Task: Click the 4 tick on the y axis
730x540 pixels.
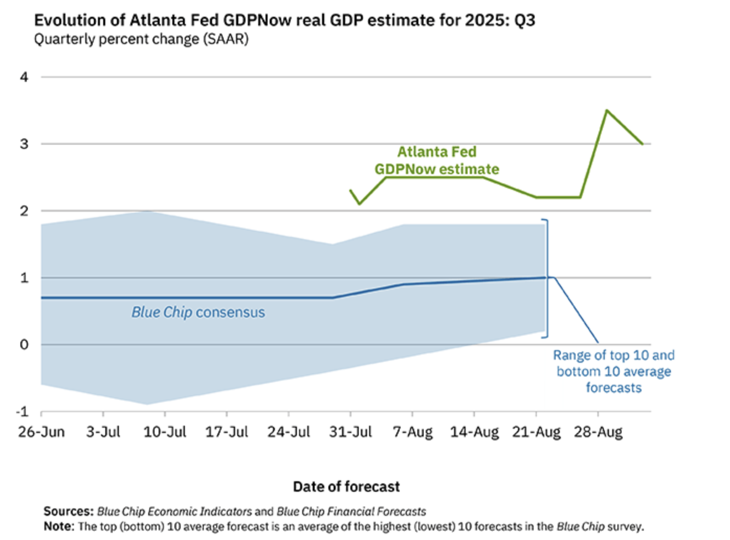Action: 24,77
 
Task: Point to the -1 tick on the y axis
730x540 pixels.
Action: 23,412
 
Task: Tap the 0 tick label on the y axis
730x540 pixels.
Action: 24,344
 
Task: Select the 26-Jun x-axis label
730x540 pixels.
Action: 41,432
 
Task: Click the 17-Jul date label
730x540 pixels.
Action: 227,432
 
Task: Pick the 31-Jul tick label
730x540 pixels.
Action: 350,432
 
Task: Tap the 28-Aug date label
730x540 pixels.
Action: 598,432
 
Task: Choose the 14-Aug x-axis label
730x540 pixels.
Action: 474,432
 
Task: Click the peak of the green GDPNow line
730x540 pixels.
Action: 606,110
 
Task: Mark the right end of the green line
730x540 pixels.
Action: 643,144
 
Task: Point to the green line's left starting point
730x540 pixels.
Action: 350,190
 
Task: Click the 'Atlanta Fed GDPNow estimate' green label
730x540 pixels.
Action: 437,160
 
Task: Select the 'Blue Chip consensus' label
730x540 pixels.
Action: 198,312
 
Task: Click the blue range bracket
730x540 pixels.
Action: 547,278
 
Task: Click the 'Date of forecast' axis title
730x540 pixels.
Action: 346,487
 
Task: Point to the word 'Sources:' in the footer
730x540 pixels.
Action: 68,511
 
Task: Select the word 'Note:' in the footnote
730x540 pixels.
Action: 59,526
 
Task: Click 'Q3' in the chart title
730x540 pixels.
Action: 525,20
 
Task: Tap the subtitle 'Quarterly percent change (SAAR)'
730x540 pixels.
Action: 141,39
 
